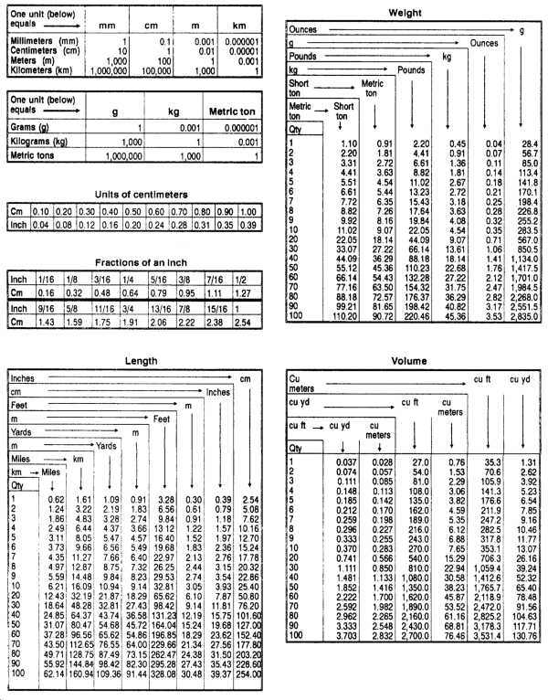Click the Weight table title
[x=404, y=13]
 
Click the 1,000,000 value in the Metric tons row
[x=123, y=156]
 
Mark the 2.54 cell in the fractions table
[x=245, y=323]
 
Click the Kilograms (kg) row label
[x=37, y=143]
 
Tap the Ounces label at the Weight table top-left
[x=303, y=30]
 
